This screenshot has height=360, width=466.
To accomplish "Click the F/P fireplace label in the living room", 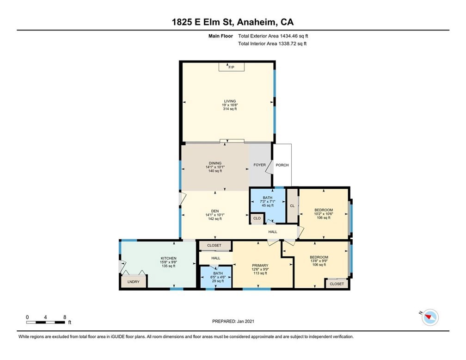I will click(x=231, y=68).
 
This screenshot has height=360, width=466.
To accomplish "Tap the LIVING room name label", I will click(x=230, y=101).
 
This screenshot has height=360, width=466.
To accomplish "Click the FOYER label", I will click(x=260, y=165).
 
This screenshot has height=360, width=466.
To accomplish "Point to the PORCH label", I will click(x=282, y=165).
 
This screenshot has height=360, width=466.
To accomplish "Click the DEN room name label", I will click(x=215, y=211).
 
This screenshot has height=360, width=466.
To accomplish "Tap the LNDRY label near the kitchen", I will click(x=132, y=281).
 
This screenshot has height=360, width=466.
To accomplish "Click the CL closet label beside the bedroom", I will click(x=292, y=206).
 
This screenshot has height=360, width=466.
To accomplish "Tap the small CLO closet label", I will click(x=257, y=218).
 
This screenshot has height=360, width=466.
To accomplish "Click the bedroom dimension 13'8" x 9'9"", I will click(x=319, y=261).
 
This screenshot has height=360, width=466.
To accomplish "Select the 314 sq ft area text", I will click(x=230, y=109).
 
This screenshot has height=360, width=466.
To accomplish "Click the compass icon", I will click(x=430, y=317).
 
